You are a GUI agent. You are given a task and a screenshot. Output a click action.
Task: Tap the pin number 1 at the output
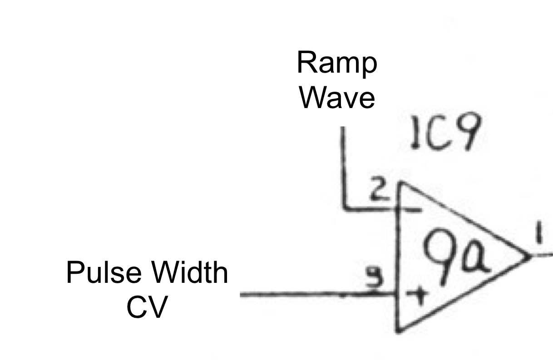point(539,236)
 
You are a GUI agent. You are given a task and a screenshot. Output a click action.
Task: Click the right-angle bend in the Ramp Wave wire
point(344,208)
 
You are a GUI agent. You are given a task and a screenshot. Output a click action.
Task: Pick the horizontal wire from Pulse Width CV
point(313,295)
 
